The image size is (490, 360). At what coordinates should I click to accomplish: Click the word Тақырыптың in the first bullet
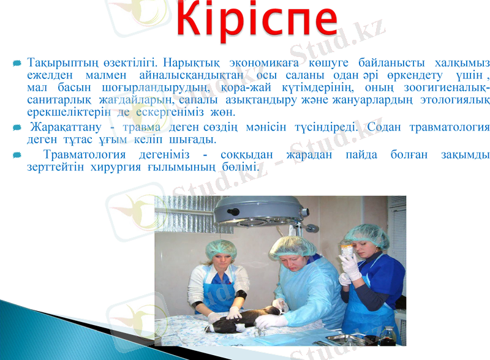59,63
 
